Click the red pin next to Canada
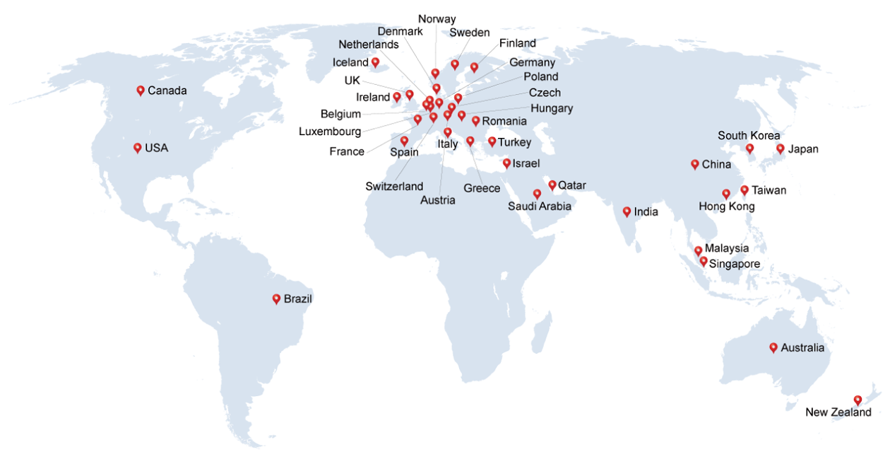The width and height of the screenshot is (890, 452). [x=141, y=90]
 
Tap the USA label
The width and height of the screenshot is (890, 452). [x=157, y=149]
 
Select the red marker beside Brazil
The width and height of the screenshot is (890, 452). [x=276, y=299]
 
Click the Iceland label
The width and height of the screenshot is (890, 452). [x=350, y=63]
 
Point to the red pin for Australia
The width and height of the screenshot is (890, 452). [x=773, y=347]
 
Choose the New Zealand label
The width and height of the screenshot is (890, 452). [x=838, y=412]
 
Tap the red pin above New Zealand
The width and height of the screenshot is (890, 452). [x=858, y=400]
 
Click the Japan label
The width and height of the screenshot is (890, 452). [x=803, y=149]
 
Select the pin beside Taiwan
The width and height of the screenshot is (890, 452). [x=744, y=190]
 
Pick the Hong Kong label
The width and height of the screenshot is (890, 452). [x=726, y=207]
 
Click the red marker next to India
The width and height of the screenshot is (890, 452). [x=627, y=211]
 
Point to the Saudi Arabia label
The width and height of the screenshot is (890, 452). [x=540, y=207]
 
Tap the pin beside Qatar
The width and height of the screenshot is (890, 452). [x=552, y=185]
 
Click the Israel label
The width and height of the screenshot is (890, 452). [x=526, y=164]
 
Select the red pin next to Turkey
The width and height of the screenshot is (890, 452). [x=492, y=141]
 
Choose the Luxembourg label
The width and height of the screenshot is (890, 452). [x=330, y=132]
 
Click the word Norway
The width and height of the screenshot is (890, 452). [x=437, y=19]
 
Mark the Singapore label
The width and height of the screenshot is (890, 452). [x=735, y=264]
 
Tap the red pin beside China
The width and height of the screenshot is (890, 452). [x=695, y=164]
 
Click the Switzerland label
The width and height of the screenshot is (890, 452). [x=394, y=187]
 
